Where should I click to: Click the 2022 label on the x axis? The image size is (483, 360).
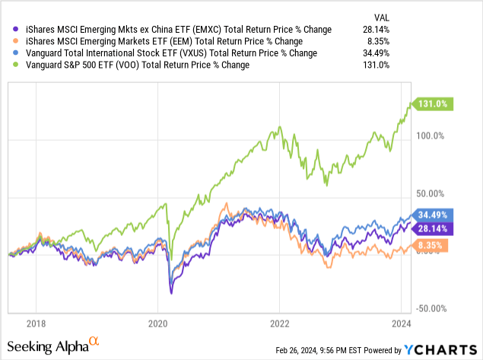pos(279,321)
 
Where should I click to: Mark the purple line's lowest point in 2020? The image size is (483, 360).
pos(171,293)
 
